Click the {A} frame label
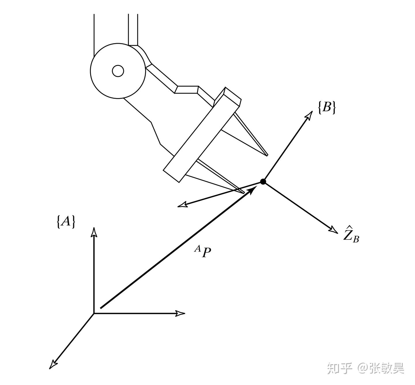(x=66, y=222)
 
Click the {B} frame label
(x=327, y=108)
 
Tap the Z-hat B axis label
(x=351, y=234)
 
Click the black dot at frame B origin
(x=263, y=181)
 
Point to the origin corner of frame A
(x=94, y=313)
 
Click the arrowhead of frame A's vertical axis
(x=94, y=232)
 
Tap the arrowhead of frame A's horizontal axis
(x=180, y=313)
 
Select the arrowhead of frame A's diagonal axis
(x=53, y=364)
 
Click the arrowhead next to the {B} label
(x=309, y=115)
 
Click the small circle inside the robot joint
(x=118, y=71)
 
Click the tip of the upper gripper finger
(x=267, y=155)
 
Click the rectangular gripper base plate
(x=202, y=135)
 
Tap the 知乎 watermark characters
(x=340, y=368)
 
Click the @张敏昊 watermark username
(x=382, y=368)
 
